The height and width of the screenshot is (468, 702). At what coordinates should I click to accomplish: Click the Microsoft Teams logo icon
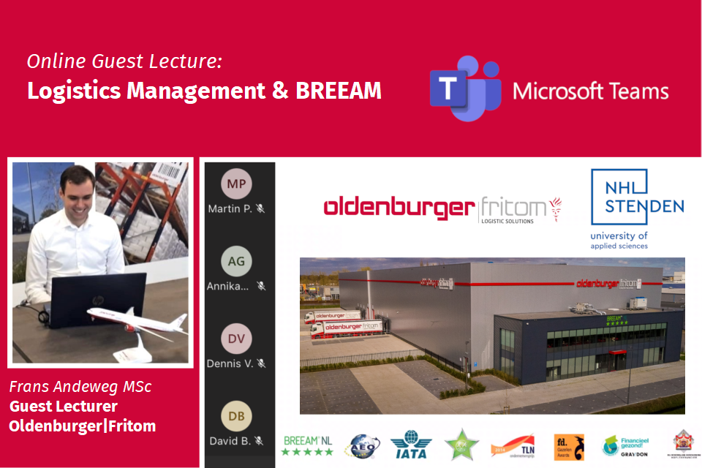(464, 88)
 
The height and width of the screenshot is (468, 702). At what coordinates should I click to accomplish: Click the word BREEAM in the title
(339, 91)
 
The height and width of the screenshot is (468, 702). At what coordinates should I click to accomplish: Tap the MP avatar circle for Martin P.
(236, 184)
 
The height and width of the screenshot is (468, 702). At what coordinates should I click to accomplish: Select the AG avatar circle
(236, 261)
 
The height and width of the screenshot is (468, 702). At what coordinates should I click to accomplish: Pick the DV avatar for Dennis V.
(236, 339)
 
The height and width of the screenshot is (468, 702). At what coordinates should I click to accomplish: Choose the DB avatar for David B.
(236, 416)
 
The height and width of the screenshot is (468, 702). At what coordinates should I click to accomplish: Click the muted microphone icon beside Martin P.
(260, 208)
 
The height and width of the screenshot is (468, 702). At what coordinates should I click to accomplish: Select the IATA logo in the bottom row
(411, 445)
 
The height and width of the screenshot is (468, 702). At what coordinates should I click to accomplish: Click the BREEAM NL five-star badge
(307, 445)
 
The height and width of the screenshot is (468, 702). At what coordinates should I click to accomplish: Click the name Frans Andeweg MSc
(80, 386)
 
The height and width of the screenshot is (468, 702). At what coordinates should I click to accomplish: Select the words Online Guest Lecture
(124, 61)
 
